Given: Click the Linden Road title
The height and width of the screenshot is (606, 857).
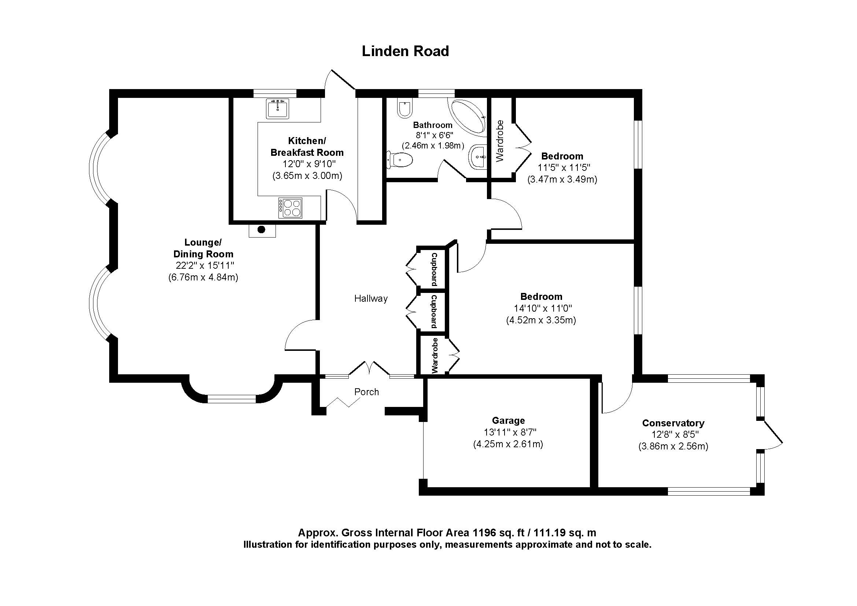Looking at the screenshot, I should (x=405, y=51).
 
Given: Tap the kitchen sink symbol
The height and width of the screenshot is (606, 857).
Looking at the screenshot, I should (x=277, y=109).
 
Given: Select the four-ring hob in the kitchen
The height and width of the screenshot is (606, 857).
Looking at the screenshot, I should (x=291, y=208).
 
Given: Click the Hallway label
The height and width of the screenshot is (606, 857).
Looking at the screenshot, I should (x=371, y=298).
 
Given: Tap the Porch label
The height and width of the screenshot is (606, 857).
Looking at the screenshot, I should (x=366, y=392).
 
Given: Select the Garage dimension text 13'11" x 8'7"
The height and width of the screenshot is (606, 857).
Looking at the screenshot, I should (x=510, y=432).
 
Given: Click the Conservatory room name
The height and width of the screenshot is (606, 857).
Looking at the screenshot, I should (x=673, y=423).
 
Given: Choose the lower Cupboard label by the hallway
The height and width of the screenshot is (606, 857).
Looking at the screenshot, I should (x=434, y=311).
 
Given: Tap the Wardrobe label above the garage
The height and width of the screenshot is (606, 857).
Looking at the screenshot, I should (x=435, y=356).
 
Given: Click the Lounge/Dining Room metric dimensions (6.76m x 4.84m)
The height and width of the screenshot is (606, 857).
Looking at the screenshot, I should (x=203, y=277).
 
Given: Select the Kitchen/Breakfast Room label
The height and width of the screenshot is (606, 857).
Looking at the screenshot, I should (x=307, y=146).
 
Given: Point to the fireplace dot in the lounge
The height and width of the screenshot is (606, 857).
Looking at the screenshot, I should (x=262, y=229).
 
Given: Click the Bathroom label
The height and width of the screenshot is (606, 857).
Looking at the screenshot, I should (x=432, y=125).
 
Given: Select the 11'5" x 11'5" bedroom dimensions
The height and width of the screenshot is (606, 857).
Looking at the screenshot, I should (x=564, y=168).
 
